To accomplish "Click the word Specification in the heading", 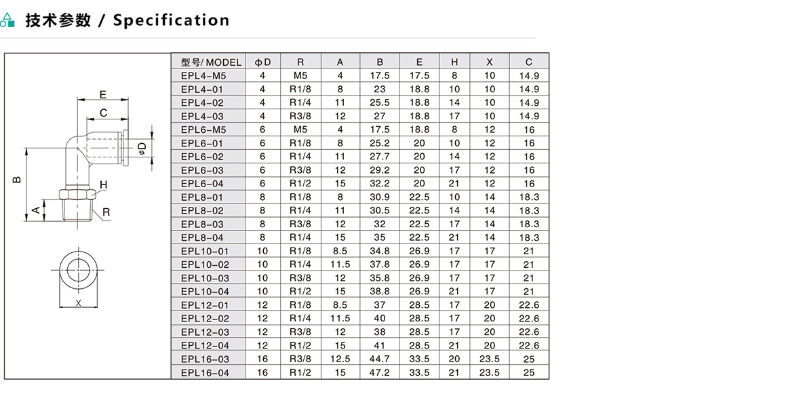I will (172, 20).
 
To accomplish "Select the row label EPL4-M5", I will (203, 75).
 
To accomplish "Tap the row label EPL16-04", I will (205, 372).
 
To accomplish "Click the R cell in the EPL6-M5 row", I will (300, 130).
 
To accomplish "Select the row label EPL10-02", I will (205, 264).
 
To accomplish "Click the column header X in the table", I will (490, 62).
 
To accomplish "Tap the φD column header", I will (263, 62).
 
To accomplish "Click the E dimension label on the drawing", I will (102, 94).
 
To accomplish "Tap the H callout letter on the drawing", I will (104, 185).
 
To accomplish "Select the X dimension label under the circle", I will (79, 303).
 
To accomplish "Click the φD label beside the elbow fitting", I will (142, 147).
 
